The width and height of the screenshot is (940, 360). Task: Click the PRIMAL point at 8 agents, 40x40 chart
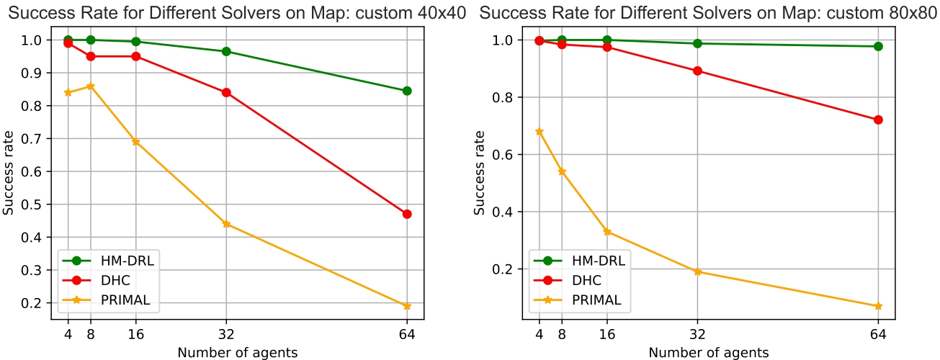pyautogui.click(x=91, y=86)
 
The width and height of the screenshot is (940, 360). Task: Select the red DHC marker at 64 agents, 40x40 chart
pyautogui.click(x=407, y=214)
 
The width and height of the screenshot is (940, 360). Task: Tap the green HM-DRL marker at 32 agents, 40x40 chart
pyautogui.click(x=226, y=51)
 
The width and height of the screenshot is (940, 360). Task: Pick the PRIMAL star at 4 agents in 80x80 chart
pyautogui.click(x=540, y=132)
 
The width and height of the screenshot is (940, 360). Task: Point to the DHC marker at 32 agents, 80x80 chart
pyautogui.click(x=697, y=71)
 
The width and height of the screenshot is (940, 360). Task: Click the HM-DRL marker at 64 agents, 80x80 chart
pyautogui.click(x=878, y=46)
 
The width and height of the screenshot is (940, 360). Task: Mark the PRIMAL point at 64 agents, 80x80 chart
pyautogui.click(x=878, y=306)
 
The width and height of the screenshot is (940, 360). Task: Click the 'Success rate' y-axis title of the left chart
pyautogui.click(x=9, y=178)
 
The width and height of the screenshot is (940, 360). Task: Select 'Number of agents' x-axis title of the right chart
pyautogui.click(x=708, y=353)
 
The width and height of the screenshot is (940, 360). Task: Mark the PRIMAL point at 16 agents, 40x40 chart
pyautogui.click(x=136, y=142)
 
